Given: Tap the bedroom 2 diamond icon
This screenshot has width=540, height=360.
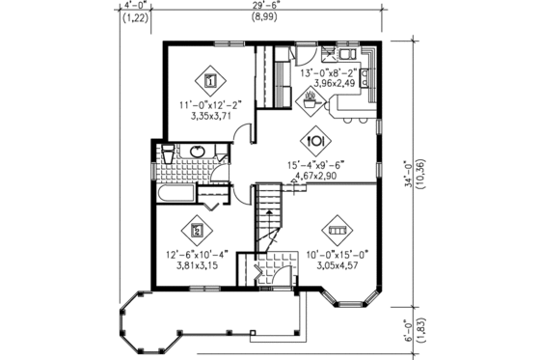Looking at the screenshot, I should (x=198, y=231).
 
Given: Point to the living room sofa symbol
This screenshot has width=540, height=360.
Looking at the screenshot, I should (x=337, y=232).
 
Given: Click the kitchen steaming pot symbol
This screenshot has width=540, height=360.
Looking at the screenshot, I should (x=311, y=97).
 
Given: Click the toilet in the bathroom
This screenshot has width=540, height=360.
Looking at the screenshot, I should (x=167, y=155).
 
